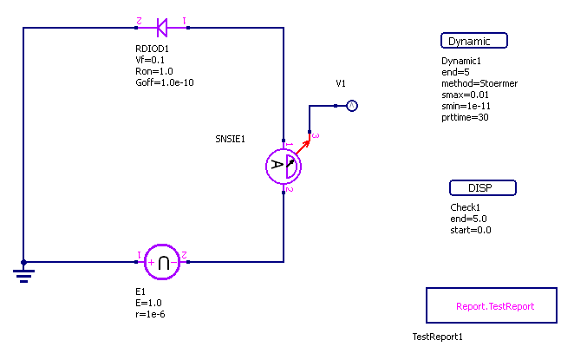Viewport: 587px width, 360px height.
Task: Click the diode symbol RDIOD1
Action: click(161, 28)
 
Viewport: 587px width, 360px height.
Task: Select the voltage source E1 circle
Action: click(161, 261)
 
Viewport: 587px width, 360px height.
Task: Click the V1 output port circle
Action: click(351, 106)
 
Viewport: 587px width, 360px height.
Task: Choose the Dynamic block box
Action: click(473, 41)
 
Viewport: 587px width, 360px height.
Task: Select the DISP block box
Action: click(483, 188)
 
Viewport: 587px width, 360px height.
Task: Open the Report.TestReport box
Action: click(492, 305)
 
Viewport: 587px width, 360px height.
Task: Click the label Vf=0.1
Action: click(151, 60)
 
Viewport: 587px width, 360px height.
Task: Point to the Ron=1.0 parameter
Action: click(154, 71)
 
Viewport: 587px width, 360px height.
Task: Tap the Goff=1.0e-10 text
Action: click(165, 82)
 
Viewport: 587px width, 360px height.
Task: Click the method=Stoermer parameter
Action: click(479, 83)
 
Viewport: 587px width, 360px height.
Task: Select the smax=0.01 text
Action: click(465, 95)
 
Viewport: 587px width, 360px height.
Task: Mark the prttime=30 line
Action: click(465, 117)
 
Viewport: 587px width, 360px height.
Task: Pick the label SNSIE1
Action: click(231, 139)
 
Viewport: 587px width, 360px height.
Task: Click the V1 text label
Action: click(341, 83)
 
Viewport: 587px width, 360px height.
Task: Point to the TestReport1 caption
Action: click(438, 337)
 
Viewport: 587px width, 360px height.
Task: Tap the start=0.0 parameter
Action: click(471, 230)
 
